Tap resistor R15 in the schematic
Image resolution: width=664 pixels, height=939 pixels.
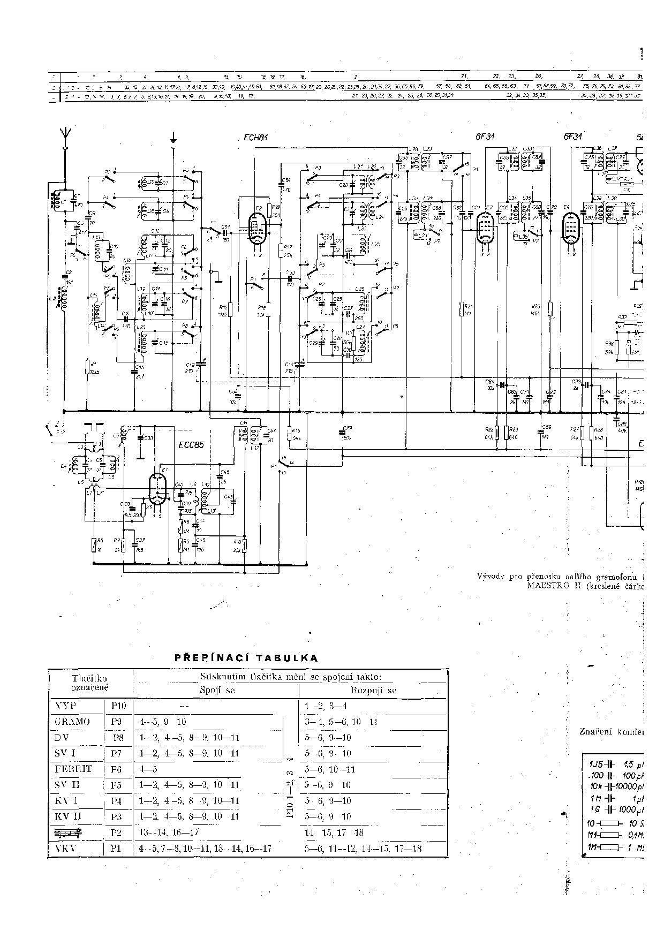click(x=229, y=311)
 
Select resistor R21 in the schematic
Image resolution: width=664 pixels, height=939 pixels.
click(x=462, y=310)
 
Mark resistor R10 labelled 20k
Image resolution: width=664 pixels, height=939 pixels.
click(x=244, y=547)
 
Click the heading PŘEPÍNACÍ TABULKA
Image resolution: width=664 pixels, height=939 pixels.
click(x=246, y=658)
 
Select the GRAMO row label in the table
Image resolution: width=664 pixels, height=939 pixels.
click(x=72, y=722)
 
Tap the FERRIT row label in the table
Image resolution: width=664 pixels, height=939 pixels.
click(x=73, y=769)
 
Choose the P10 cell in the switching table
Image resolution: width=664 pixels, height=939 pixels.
click(x=117, y=706)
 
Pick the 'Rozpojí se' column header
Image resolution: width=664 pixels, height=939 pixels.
click(x=373, y=691)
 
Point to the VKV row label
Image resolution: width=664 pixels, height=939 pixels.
click(x=66, y=849)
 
